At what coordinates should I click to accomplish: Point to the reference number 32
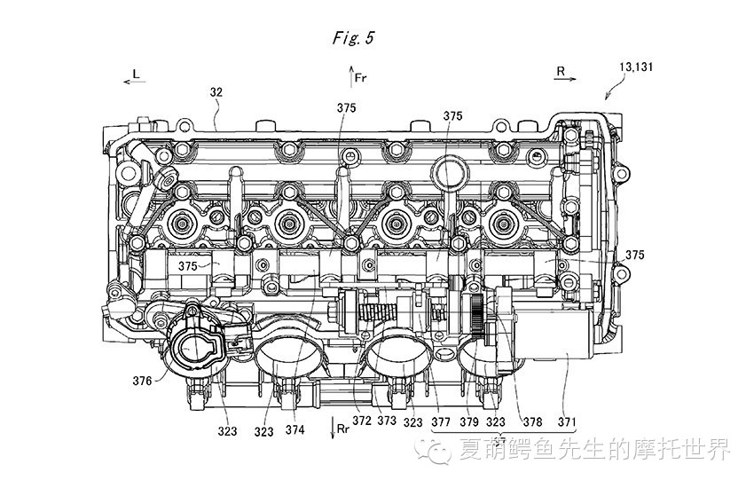click(x=216, y=91)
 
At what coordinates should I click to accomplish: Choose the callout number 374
click(x=295, y=430)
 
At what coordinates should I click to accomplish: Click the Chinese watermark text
click(x=595, y=451)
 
